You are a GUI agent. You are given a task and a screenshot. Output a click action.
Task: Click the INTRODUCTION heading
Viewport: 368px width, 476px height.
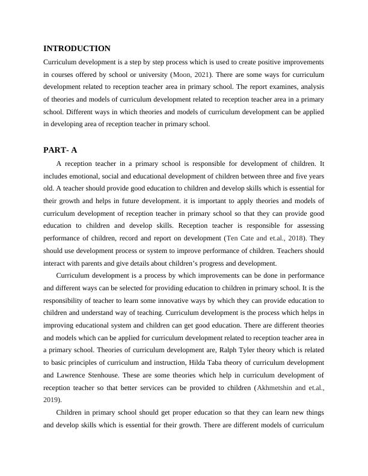click(77, 49)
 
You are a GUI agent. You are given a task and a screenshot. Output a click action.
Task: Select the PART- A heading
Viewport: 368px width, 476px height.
click(61, 150)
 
